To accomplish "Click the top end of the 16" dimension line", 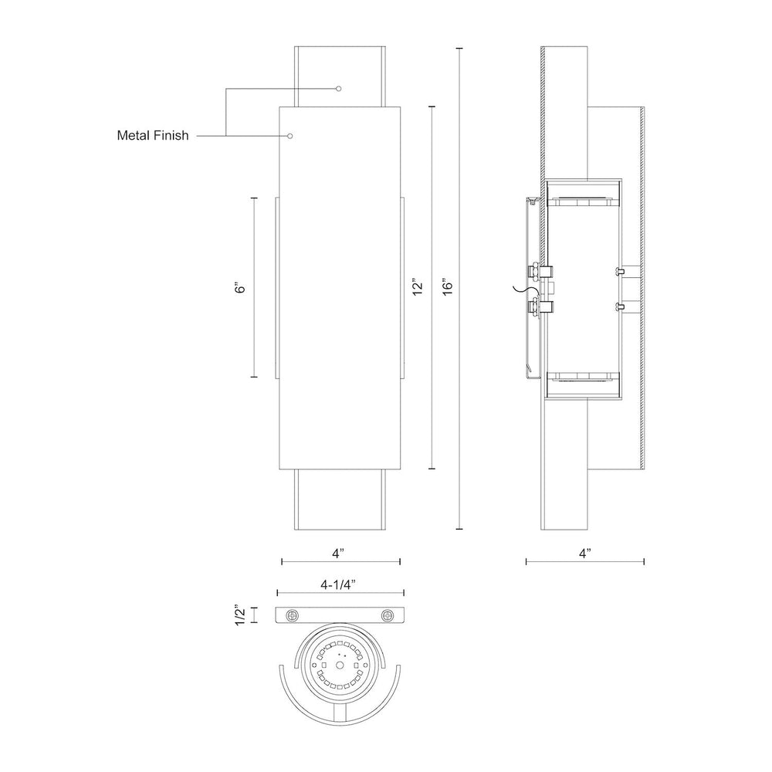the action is click(460, 49).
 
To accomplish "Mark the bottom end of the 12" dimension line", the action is click(432, 469).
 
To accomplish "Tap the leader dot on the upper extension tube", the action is click(338, 89).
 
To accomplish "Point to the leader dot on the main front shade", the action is click(290, 135).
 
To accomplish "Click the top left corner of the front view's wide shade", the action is click(279, 107).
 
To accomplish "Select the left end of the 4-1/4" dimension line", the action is click(278, 593).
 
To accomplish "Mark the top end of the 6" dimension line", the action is click(254, 198).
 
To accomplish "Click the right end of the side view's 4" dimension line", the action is click(644, 561).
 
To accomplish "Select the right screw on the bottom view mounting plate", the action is click(387, 615).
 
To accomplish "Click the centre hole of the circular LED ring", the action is click(340, 665).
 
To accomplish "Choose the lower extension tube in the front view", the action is click(340, 499).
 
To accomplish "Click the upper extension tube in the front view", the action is click(340, 76).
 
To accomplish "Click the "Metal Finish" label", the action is click(153, 135).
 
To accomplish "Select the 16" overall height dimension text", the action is click(447, 288).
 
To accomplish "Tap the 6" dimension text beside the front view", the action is click(240, 288).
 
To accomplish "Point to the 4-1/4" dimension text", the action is click(338, 584).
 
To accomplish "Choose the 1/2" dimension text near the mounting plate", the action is click(240, 615).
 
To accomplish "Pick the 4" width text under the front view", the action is click(338, 554).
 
